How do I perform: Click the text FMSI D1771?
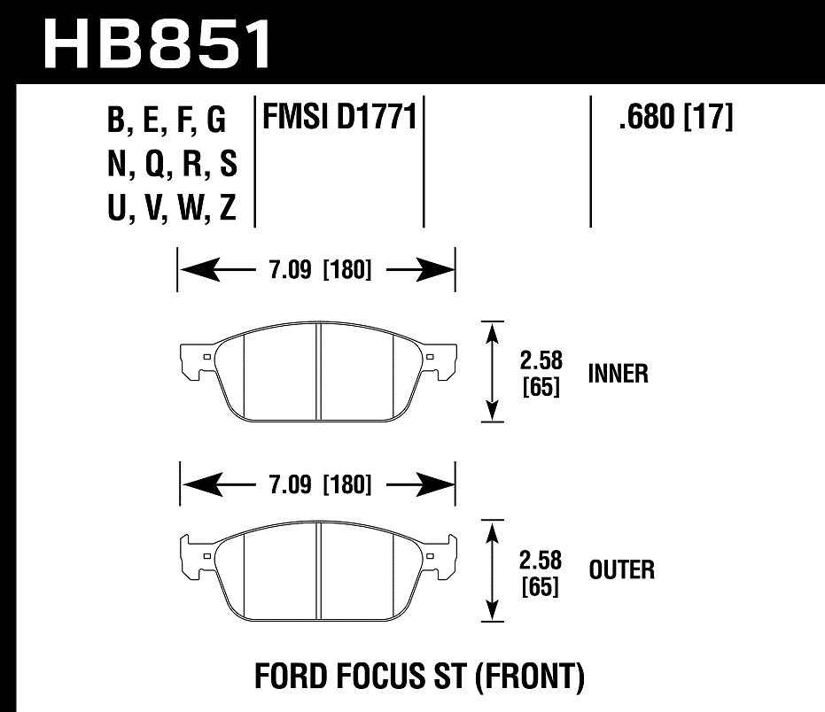pyautogui.click(x=337, y=118)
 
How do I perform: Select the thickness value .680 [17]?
pyautogui.click(x=676, y=118)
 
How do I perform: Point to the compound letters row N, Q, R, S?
pyautogui.click(x=172, y=165)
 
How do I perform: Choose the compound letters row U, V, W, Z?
pyautogui.click(x=172, y=209)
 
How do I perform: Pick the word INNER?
pyautogui.click(x=618, y=374)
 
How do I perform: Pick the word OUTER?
pyautogui.click(x=621, y=569)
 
